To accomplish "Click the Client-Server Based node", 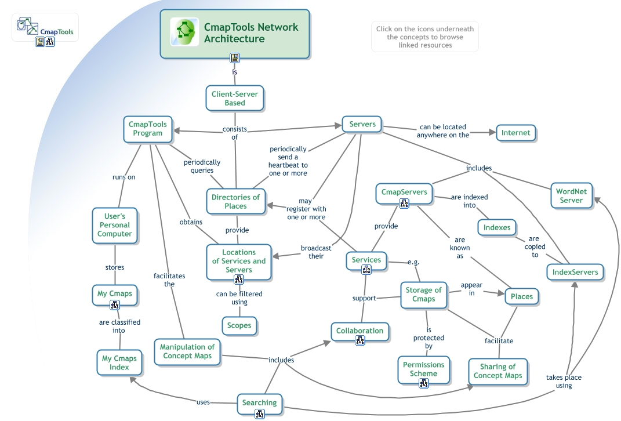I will [235, 98].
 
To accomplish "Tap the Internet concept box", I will [515, 133].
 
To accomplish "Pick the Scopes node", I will [239, 325].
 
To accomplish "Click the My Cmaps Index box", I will [119, 362].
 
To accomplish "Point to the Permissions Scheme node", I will [424, 369].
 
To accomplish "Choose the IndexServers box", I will [575, 272].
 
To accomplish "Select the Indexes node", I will [497, 228].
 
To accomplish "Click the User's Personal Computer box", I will [115, 225].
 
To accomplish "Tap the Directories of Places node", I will [236, 201].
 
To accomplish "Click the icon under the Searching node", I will [260, 414].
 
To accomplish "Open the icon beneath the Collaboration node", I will [360, 341].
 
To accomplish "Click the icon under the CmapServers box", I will [404, 203].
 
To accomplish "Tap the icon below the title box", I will [235, 58].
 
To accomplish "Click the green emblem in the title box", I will [184, 32].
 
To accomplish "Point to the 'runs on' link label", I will [124, 177].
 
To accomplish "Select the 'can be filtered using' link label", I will [239, 298].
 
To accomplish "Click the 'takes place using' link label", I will [564, 381].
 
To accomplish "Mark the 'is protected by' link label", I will [428, 338].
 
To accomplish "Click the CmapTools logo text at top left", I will [57, 32].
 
